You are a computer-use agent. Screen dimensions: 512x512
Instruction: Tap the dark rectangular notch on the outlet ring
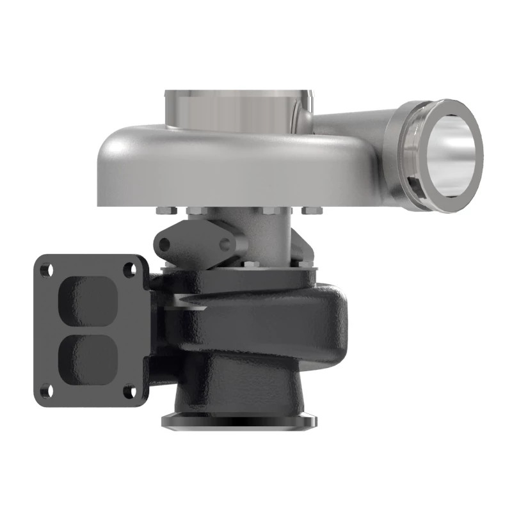pos(413,189)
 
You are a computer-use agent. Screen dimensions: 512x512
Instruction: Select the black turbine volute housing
pos(269,326)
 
